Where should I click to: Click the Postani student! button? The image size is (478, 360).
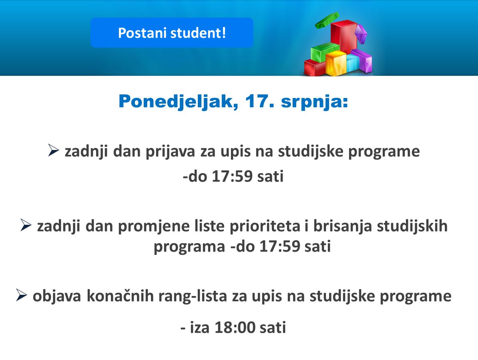point(172,32)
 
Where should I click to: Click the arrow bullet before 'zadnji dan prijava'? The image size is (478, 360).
point(53,150)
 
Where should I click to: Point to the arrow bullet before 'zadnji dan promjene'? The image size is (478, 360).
point(26,225)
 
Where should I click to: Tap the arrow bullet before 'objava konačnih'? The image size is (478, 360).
point(21,295)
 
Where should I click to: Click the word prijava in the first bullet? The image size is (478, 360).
point(170,152)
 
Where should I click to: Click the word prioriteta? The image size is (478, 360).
point(265,226)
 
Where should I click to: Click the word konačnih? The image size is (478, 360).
point(120,296)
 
